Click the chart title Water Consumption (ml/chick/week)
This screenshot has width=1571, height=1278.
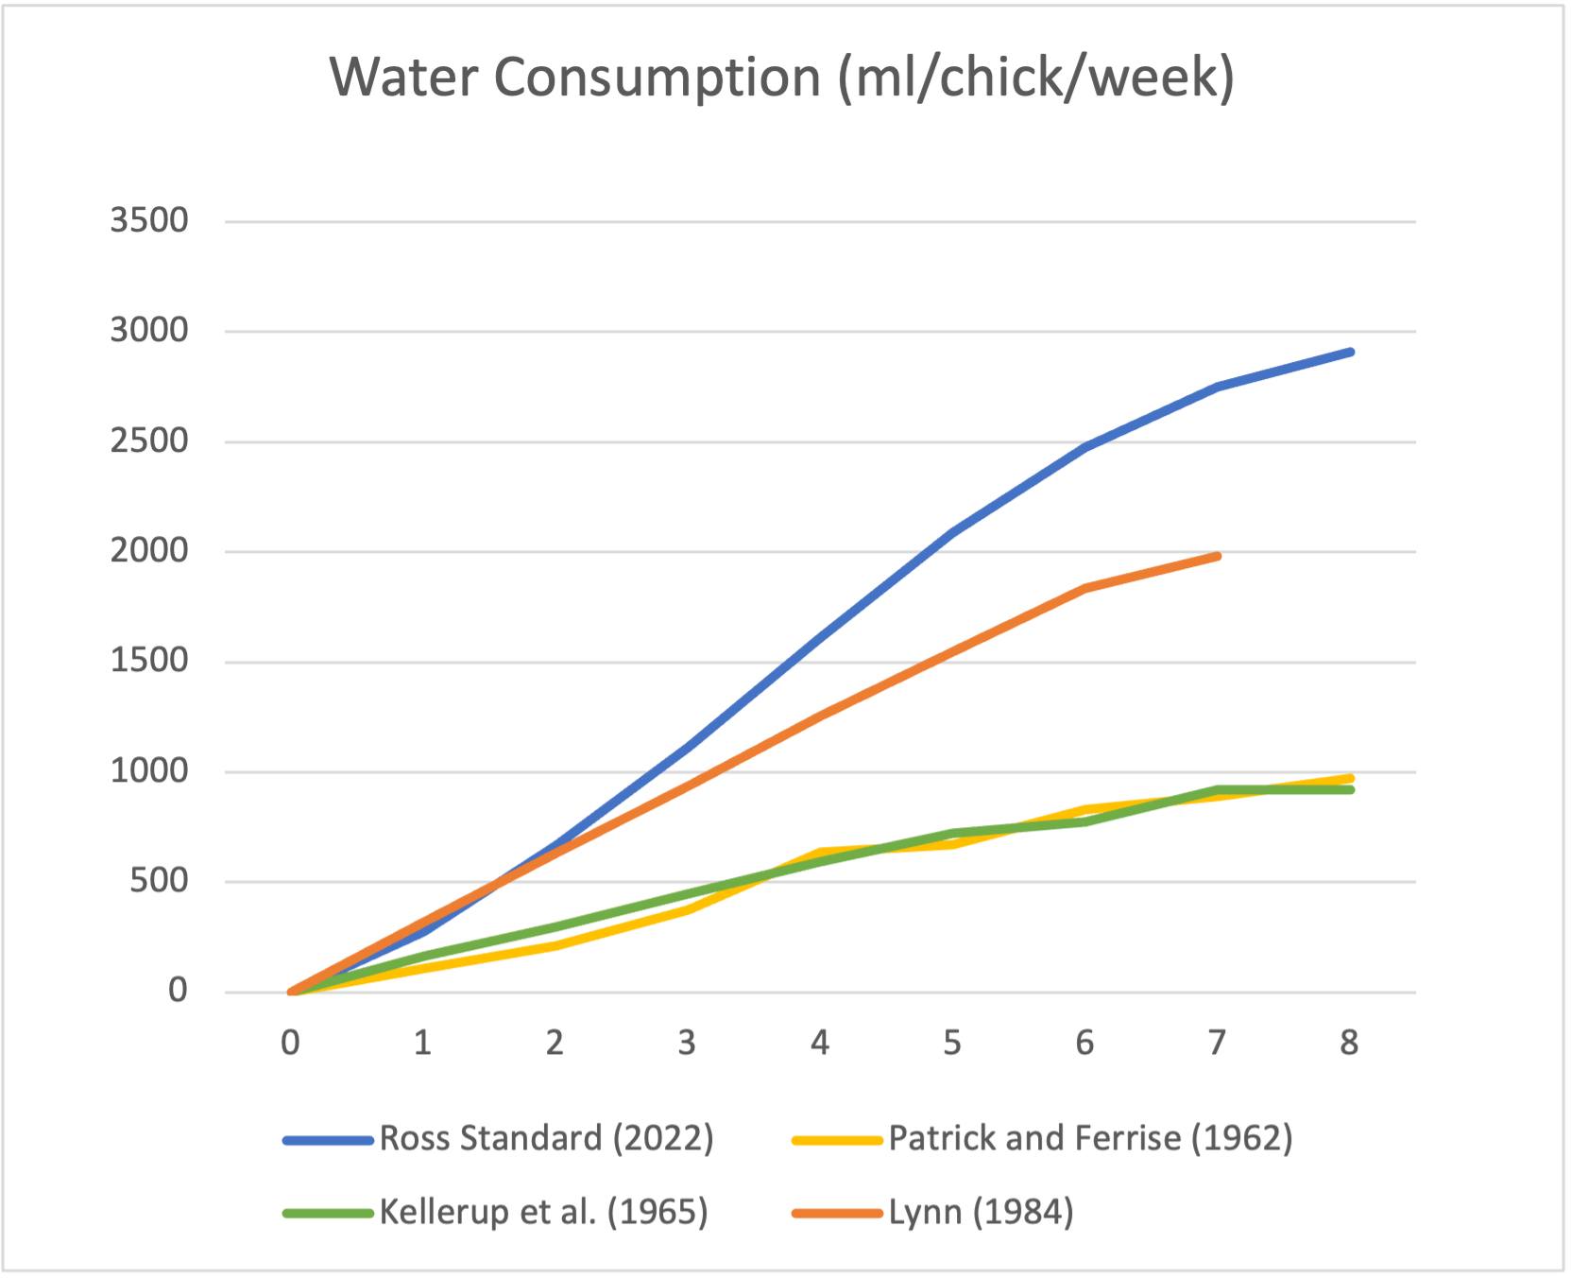[781, 78]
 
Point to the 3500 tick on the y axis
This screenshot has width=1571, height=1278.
[149, 221]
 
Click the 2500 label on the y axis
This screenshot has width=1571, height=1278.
[149, 441]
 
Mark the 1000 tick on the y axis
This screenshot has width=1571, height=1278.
[149, 771]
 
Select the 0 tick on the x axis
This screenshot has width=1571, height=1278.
[290, 1043]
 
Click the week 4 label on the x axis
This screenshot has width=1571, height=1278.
[819, 1043]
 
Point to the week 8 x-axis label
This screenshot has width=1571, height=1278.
[1349, 1043]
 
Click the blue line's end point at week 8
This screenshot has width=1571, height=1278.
[1350, 353]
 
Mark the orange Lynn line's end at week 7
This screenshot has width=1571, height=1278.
[1217, 556]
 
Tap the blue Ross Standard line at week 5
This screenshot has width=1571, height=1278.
[952, 533]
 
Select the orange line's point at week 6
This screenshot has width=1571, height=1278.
[1084, 588]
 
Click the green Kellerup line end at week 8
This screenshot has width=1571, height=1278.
[1350, 789]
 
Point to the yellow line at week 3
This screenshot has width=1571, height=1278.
[687, 910]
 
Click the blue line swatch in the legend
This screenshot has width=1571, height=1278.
[329, 1140]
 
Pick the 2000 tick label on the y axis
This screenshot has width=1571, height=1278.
[149, 551]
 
